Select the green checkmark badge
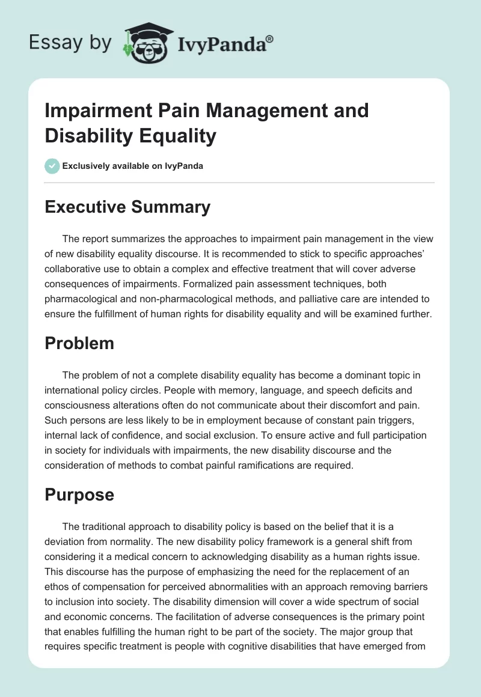click(52, 166)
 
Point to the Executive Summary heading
click(128, 207)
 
